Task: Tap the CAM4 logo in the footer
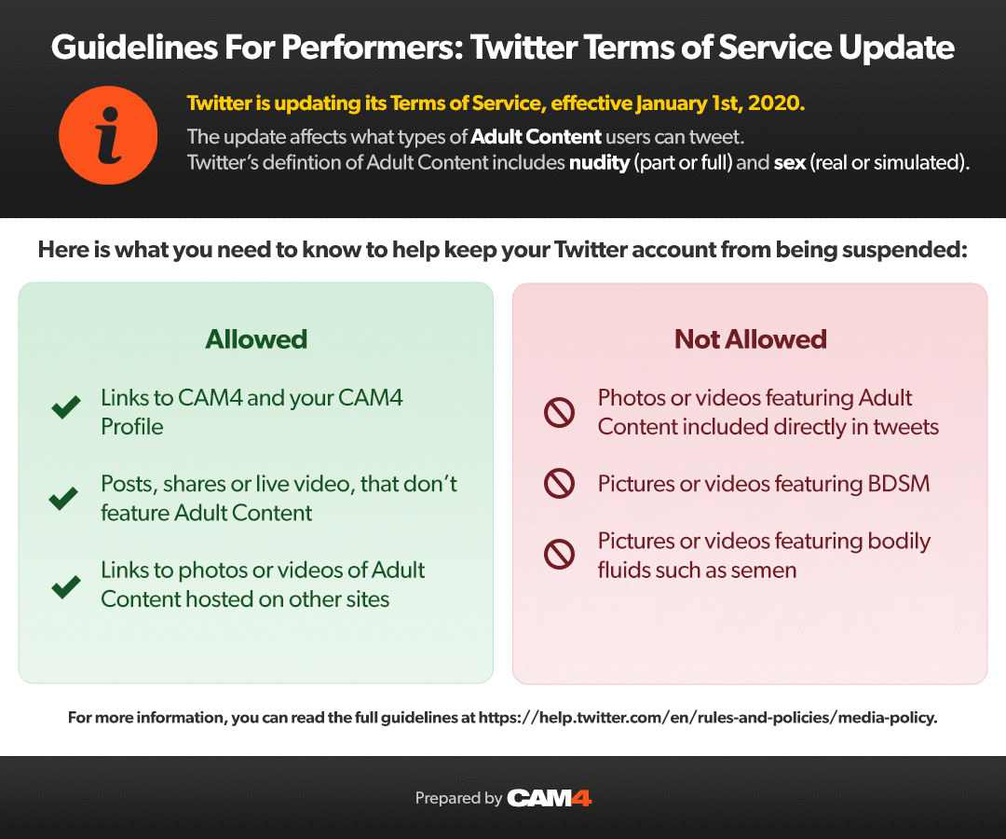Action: pyautogui.click(x=550, y=798)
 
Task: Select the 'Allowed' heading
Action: pyautogui.click(x=256, y=339)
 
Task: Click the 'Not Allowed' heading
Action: pyautogui.click(x=750, y=339)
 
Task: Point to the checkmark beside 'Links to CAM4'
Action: pyautogui.click(x=65, y=407)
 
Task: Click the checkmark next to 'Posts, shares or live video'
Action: pyautogui.click(x=63, y=499)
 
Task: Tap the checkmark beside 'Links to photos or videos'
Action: pyautogui.click(x=65, y=586)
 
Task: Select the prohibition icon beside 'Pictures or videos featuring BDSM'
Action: pyautogui.click(x=559, y=484)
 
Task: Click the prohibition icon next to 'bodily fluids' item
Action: pyautogui.click(x=559, y=555)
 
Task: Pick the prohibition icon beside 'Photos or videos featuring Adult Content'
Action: pyautogui.click(x=559, y=412)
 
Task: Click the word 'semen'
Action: pyautogui.click(x=765, y=570)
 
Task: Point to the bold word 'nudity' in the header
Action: pyautogui.click(x=599, y=162)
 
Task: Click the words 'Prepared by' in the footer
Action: pyautogui.click(x=458, y=798)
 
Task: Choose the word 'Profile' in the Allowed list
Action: pyautogui.click(x=132, y=427)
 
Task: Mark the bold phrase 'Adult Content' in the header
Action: pyautogui.click(x=536, y=136)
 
